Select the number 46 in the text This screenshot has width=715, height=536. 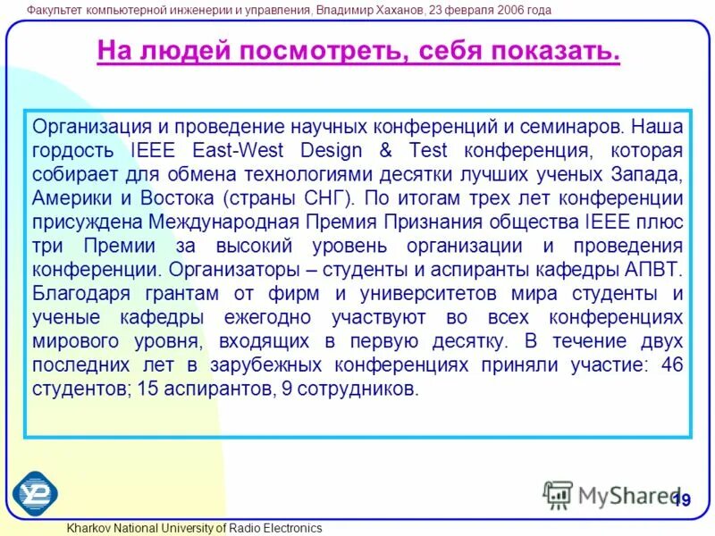pyautogui.click(x=671, y=365)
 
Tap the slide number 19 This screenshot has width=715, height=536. pyautogui.click(x=682, y=500)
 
